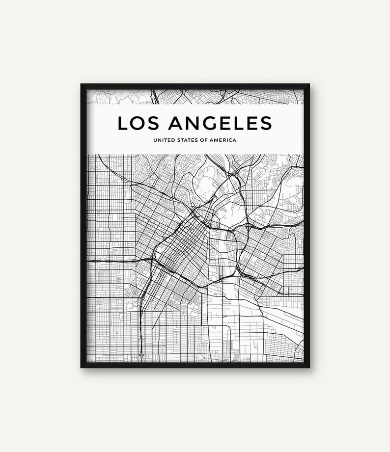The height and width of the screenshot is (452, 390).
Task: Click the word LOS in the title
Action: pyautogui.click(x=136, y=123)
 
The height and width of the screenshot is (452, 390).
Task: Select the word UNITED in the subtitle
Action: pyautogui.click(x=164, y=140)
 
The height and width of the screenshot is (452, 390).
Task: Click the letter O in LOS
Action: pyautogui.click(x=136, y=123)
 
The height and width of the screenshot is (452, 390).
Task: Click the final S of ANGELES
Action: pyautogui.click(x=265, y=123)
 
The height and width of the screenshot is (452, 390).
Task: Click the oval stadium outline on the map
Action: pyautogui.click(x=130, y=307)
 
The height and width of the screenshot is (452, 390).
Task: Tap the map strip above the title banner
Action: pyautogui.click(x=196, y=97)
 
